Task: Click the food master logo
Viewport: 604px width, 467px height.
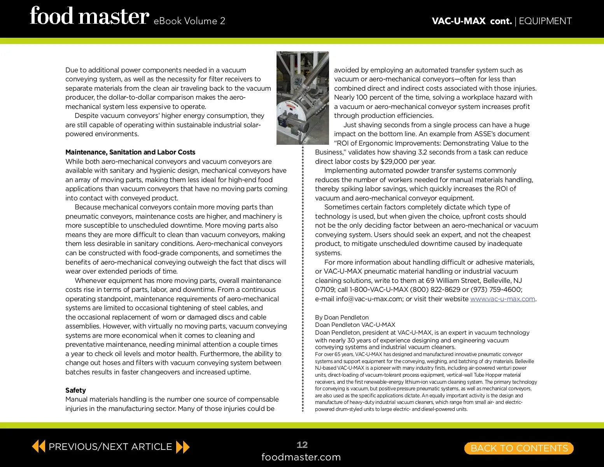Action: click(89, 16)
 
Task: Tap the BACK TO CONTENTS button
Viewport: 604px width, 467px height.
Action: click(519, 448)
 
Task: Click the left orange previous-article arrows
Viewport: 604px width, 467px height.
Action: click(39, 446)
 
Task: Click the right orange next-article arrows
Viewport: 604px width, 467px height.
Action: click(182, 447)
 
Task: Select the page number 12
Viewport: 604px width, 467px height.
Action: click(302, 445)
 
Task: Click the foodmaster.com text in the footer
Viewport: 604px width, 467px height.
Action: click(301, 457)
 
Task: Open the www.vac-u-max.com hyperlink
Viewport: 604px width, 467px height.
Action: click(502, 299)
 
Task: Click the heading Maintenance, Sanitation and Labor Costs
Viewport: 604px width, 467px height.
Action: click(130, 152)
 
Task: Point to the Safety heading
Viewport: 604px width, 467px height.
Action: click(75, 390)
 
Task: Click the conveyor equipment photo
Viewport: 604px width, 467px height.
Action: click(303, 98)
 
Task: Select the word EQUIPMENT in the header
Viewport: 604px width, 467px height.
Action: click(545, 21)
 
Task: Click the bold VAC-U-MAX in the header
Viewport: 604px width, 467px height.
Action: click(459, 21)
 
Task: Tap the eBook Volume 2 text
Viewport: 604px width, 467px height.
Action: click(189, 21)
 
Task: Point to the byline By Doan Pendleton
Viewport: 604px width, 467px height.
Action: click(341, 318)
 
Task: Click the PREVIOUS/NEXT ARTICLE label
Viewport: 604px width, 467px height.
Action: click(110, 447)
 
